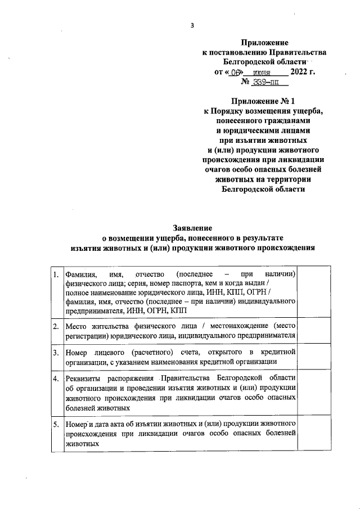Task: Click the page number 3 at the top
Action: (x=192, y=25)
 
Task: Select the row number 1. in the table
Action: (x=56, y=274)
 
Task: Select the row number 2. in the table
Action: (x=56, y=326)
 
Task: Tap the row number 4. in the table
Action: (x=56, y=378)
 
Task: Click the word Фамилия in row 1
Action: (x=81, y=274)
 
